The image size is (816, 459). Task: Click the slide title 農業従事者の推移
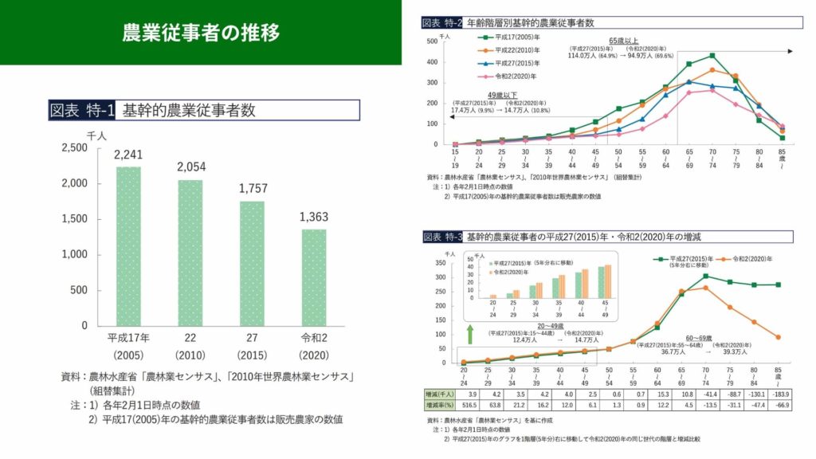201,33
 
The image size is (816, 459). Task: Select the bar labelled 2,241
128,247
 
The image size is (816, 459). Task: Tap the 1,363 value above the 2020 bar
313,217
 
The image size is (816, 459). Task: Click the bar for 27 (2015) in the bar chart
252,263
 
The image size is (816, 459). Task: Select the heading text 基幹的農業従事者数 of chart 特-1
189,111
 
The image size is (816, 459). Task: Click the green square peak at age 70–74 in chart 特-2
712,56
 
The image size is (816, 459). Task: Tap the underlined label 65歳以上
623,39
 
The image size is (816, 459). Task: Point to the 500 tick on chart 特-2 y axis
432,41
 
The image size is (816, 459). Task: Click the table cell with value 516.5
470,406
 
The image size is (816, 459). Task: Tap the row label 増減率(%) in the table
441,406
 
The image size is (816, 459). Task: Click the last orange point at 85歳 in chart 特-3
778,337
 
